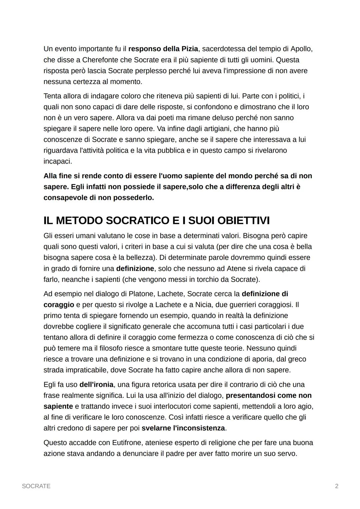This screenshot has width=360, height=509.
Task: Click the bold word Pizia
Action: point(190,49)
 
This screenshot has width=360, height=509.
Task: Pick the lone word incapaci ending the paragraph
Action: point(58,161)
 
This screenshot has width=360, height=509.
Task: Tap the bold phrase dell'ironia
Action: point(96,385)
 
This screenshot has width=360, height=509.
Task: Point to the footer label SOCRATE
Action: point(36,486)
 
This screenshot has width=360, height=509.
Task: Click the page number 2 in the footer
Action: point(336,486)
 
